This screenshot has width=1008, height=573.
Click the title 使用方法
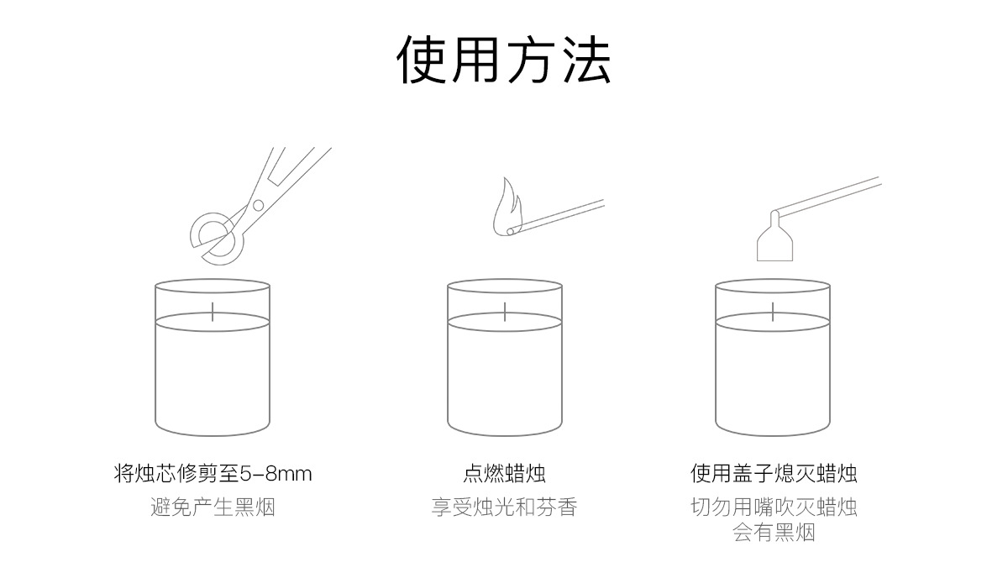(504, 60)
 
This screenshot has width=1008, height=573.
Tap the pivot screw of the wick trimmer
(258, 205)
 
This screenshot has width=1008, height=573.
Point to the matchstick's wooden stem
(563, 213)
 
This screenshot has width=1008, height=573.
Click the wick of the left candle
(213, 310)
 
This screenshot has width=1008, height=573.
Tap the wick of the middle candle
(505, 310)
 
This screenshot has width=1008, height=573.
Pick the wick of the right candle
(773, 310)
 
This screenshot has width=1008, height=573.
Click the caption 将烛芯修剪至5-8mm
(213, 474)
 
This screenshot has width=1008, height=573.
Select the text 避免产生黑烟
(213, 507)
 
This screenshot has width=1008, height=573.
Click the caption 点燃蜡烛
(505, 474)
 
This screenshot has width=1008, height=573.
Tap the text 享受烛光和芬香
(505, 507)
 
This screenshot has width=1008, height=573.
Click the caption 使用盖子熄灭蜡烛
(774, 474)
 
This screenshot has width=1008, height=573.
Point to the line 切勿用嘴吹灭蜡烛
(774, 507)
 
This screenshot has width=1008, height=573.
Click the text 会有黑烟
(774, 533)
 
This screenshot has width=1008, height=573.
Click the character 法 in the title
(586, 60)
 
